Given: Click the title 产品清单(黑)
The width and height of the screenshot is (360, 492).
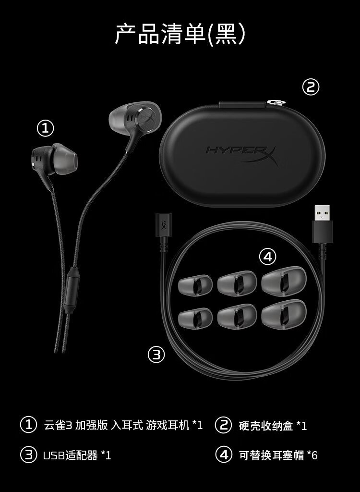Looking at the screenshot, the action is coord(180,34).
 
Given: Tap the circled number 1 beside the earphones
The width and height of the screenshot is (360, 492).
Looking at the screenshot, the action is coord(46,129).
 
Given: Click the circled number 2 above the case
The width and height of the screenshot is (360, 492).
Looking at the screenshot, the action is coord(311,87).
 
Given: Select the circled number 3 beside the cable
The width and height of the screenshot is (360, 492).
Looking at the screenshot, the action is coord(156,355).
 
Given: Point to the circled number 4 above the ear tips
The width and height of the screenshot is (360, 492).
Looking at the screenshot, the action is coord(267,257).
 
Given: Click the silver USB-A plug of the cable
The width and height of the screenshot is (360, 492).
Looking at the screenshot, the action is coord(323,213).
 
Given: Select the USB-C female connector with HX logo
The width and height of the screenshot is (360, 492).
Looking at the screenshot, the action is coord(164,225).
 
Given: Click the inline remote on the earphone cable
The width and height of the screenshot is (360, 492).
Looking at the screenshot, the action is coord(72,290).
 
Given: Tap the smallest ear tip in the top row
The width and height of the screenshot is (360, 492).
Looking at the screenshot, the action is coord(195,285).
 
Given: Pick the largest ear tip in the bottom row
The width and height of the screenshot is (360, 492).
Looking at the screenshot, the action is coord(284,314).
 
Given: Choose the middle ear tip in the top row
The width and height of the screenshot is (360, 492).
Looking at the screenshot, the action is coord(237,283).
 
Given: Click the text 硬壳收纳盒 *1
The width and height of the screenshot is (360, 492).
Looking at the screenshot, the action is coord(273,426).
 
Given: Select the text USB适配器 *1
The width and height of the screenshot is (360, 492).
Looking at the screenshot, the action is coord(77,455).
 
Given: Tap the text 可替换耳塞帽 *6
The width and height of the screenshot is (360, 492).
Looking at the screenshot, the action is coord(278,455).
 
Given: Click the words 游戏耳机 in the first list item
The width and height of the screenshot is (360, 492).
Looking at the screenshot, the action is coord(168,425).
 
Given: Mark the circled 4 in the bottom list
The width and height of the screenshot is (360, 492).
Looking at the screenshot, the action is coord(224,455).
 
